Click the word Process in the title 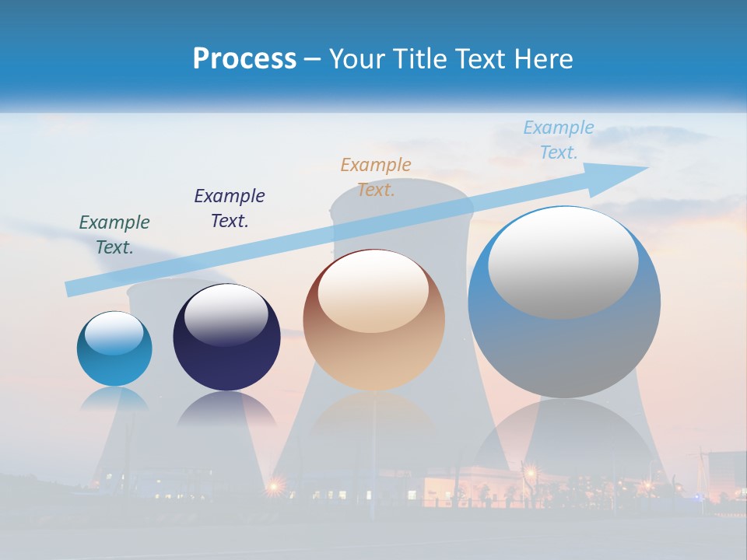244,59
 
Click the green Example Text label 114,235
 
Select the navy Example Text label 230,208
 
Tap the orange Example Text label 376,177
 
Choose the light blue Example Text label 558,140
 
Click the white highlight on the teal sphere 114,333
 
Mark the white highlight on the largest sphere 563,262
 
